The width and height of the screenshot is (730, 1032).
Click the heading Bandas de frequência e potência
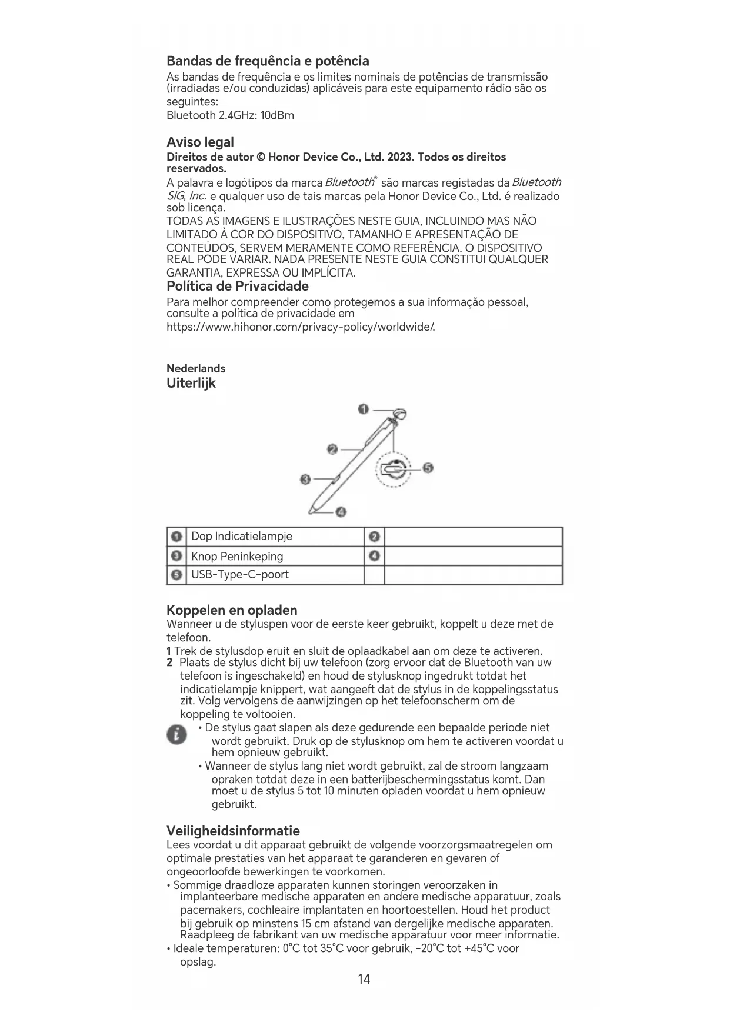tap(268, 61)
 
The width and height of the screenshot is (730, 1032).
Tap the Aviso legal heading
tap(200, 142)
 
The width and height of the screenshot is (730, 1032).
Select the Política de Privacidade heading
tap(237, 287)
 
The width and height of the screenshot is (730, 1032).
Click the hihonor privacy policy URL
tap(301, 327)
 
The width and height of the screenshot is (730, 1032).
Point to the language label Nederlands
tap(196, 369)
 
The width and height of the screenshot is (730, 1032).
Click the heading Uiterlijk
tap(191, 384)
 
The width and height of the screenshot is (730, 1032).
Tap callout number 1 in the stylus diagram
tap(364, 409)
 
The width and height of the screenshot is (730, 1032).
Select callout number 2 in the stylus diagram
tap(332, 450)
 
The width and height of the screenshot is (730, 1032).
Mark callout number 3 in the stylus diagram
tap(305, 480)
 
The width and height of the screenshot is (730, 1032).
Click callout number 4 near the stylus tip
tap(341, 512)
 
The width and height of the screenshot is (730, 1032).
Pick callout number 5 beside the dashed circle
tap(428, 468)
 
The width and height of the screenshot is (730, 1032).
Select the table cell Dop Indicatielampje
tap(241, 537)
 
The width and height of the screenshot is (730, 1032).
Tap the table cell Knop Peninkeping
tap(237, 557)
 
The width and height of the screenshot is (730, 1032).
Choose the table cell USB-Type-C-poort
tap(240, 575)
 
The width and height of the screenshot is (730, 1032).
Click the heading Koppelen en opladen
tap(232, 610)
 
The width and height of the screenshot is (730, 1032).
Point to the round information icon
tap(176, 735)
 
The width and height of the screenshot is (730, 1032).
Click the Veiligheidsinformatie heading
tap(233, 831)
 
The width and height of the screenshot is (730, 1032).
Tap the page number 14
tap(364, 979)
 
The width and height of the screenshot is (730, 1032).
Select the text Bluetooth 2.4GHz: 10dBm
tap(230, 115)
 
